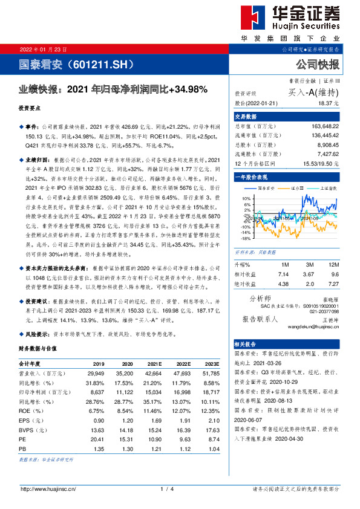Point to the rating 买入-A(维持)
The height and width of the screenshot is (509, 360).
click(x=317, y=92)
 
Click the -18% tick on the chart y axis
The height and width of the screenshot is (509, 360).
click(x=245, y=238)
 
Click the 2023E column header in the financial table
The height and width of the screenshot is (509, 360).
click(x=211, y=365)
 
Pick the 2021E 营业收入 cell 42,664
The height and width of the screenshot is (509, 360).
click(x=153, y=374)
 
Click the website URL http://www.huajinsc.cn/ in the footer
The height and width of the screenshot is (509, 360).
click(x=48, y=488)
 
